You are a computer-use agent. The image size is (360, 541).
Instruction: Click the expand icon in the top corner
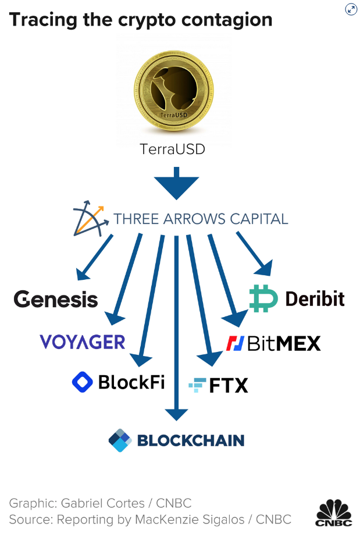coord(351,9)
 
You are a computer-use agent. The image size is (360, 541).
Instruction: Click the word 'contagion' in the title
coord(227,20)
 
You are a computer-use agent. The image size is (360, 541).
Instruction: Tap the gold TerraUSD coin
coord(173,91)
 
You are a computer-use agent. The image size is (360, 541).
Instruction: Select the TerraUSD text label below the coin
coord(172,150)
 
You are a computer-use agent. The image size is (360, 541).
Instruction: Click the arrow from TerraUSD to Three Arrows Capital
coord(176,183)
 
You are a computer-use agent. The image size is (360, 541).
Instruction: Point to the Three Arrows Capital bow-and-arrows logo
coord(88,218)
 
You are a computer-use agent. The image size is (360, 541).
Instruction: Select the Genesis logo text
coord(56,299)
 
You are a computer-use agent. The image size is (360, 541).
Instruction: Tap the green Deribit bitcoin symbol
coord(263,298)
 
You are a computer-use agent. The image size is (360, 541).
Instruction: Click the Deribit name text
coord(315,298)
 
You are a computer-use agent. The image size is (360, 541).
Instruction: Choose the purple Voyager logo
coord(83,342)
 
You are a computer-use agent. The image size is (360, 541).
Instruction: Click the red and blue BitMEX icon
coord(235,343)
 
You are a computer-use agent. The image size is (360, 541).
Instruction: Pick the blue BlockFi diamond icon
coord(83,382)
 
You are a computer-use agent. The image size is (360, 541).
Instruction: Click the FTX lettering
coord(229,386)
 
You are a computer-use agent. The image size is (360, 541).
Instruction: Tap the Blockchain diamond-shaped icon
coord(120,440)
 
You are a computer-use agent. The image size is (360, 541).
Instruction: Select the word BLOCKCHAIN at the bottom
coord(191,440)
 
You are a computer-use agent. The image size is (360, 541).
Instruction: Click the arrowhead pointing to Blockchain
coord(176,415)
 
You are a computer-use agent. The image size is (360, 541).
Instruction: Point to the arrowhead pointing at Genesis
coord(82,275)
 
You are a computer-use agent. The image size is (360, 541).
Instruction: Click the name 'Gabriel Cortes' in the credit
coord(103,503)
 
